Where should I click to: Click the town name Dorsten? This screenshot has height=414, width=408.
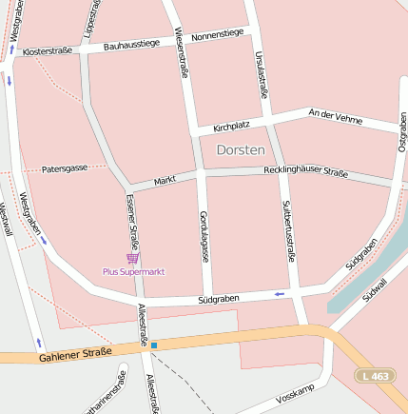point(241,149)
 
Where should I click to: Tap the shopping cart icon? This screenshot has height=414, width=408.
point(132,258)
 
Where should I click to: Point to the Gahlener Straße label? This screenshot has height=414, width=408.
point(76,354)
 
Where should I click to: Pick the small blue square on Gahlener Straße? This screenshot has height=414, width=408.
point(154,345)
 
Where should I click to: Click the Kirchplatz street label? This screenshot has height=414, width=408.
point(231,126)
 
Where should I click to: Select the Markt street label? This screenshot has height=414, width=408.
point(165,179)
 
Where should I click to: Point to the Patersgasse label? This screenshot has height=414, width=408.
point(65,168)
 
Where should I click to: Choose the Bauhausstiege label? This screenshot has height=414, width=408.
point(132,44)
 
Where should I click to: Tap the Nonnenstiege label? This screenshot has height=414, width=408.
point(217,35)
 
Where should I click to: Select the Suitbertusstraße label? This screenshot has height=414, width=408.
point(289,229)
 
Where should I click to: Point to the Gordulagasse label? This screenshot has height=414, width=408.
point(203,236)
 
